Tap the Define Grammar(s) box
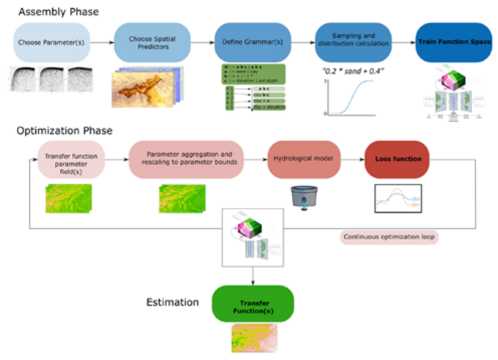click(245, 42)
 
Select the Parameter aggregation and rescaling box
click(192, 160)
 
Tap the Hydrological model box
click(303, 160)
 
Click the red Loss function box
click(397, 160)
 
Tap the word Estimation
click(173, 302)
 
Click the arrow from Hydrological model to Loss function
click(351, 160)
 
